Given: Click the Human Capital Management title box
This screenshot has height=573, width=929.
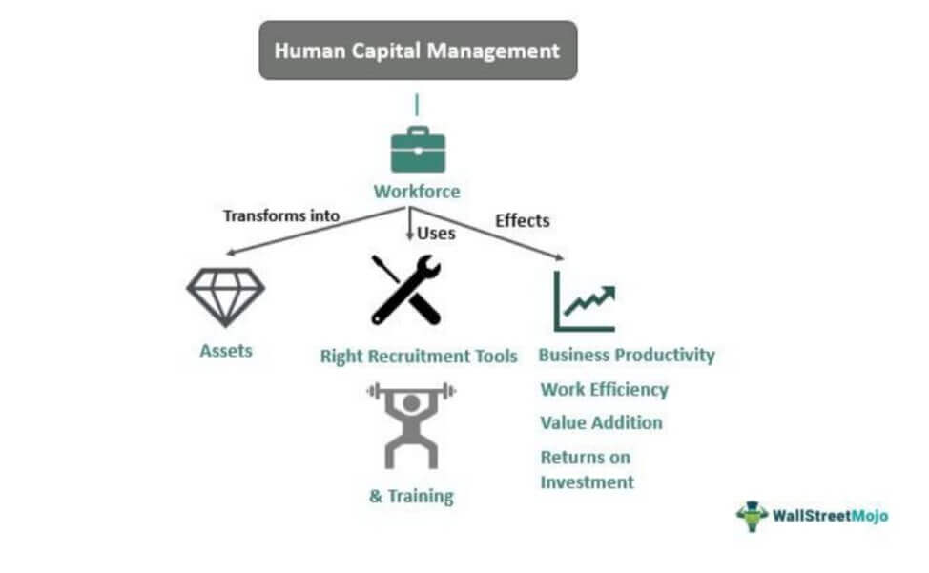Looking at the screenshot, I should point(418,51).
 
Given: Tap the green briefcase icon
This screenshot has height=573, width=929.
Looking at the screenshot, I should point(418,149).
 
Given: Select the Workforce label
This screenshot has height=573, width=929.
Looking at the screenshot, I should point(417,192).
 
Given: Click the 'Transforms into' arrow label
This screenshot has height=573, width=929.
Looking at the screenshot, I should point(281,215).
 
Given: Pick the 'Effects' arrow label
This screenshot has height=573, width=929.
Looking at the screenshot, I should point(523,221).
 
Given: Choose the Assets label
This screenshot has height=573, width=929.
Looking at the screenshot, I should point(226,351).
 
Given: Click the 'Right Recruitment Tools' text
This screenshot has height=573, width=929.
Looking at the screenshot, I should point(419,357).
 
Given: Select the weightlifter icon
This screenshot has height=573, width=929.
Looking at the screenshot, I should point(411,424).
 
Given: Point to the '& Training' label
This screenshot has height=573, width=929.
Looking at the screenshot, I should point(411,497).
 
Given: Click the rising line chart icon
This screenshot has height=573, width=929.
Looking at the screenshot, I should point(585,300).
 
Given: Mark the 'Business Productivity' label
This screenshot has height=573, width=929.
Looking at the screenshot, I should point(627,356).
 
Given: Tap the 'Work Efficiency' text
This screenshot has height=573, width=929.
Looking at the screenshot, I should point(604,389).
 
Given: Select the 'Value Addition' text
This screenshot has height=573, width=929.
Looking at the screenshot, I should point(601,422).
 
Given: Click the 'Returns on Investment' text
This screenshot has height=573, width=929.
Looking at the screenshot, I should point(587,469).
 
